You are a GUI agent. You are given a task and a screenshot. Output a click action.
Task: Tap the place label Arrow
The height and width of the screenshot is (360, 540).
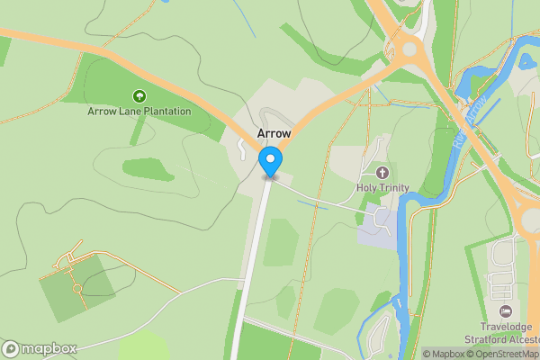(x=274, y=132)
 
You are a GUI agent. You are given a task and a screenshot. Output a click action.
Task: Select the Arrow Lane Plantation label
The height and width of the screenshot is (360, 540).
(x=139, y=112)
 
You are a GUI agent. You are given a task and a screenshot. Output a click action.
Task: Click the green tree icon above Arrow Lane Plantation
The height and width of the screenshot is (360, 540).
(x=139, y=95)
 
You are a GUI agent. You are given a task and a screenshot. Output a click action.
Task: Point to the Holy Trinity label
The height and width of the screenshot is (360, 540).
(x=382, y=187)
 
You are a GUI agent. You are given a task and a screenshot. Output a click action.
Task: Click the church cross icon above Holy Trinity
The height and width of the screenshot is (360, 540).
(x=382, y=172)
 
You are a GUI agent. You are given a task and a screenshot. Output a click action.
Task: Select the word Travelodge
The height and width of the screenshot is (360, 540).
(x=506, y=326)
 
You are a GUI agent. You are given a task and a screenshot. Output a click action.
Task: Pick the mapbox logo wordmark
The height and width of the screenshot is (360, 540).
(x=40, y=348)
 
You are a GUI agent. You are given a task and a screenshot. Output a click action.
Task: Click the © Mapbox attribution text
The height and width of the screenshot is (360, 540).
(x=444, y=354)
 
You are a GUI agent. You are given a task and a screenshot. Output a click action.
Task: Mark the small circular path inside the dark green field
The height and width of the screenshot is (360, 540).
(x=76, y=289)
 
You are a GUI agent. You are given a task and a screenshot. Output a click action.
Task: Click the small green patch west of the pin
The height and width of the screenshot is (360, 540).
(x=148, y=168)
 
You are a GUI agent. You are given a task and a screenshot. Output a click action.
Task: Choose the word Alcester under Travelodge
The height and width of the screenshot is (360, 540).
(x=517, y=338)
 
